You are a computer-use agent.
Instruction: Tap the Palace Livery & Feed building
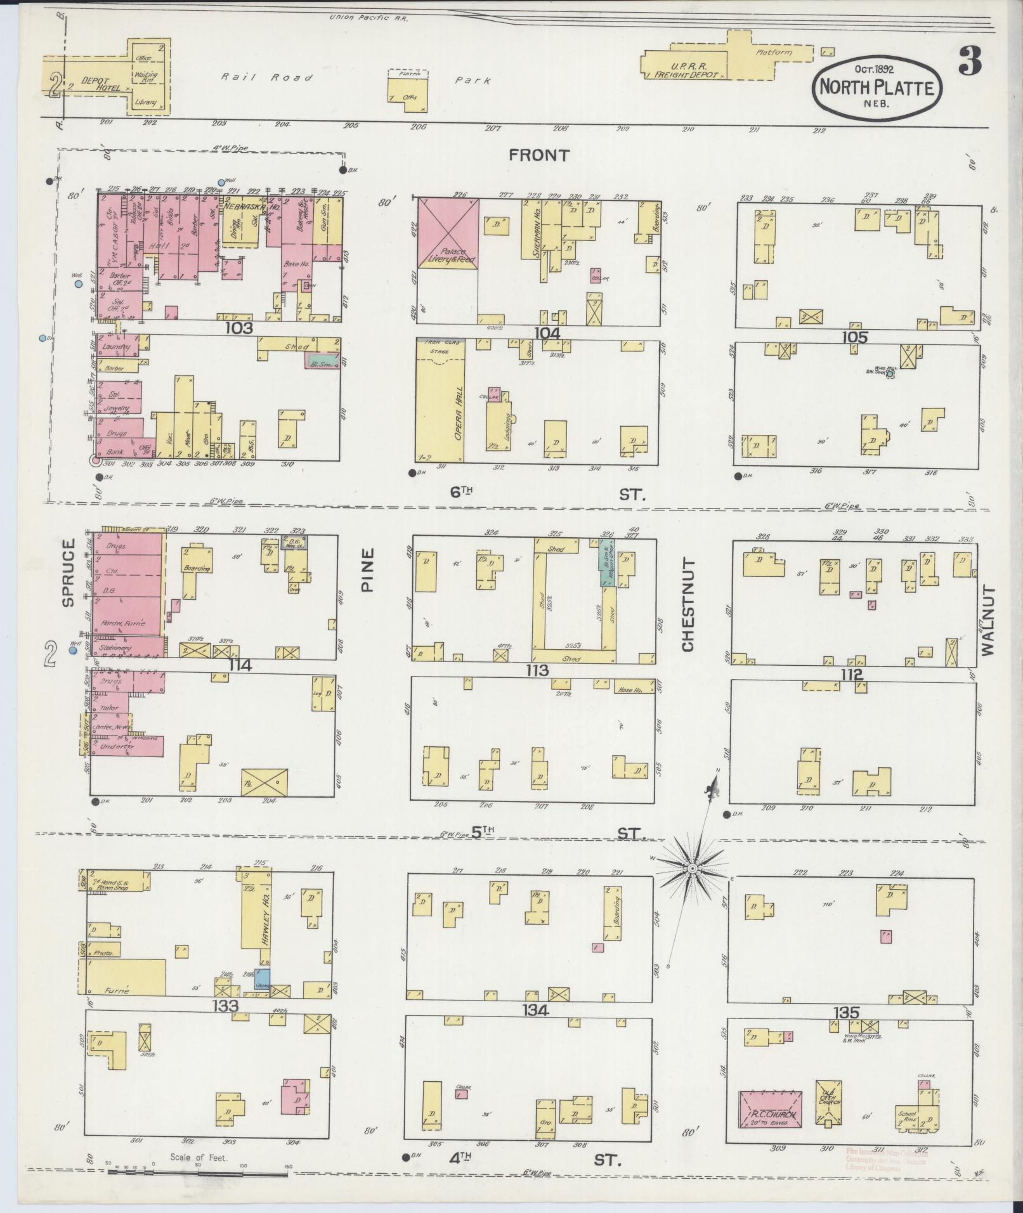448,235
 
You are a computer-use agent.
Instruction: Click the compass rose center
693,867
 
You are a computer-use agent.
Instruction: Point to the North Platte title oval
877,88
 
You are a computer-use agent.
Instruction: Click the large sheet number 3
970,62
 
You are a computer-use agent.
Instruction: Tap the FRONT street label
538,155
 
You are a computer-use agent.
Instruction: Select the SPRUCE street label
68,573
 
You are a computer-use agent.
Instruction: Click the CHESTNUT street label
689,605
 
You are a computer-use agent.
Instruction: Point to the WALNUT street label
988,620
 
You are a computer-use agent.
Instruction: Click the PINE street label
368,570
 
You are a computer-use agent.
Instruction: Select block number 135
846,1013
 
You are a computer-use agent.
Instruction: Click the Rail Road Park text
355,79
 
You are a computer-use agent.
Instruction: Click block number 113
537,671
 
